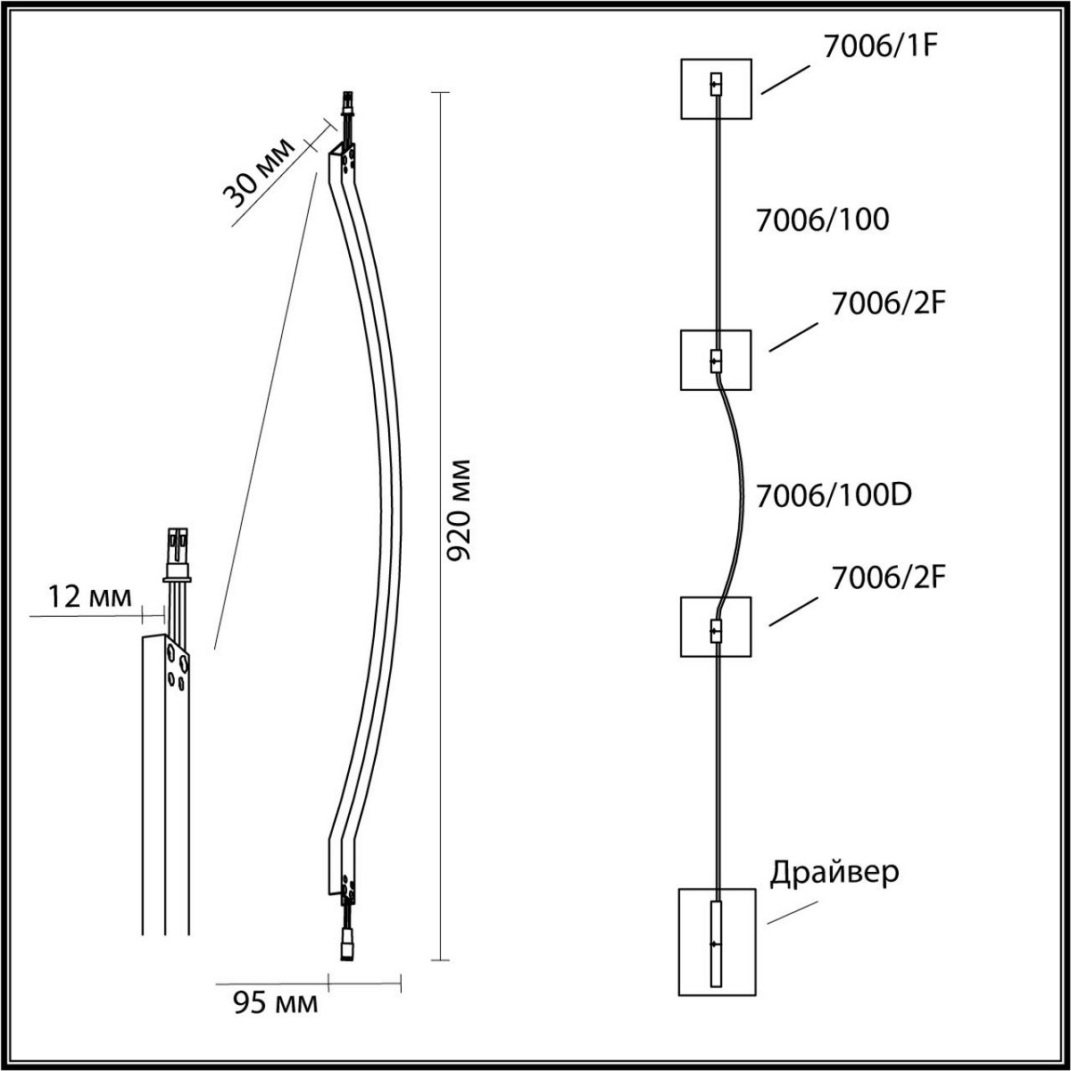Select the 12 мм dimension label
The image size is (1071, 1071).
click(x=90, y=597)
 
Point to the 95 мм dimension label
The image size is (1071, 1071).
click(x=275, y=1003)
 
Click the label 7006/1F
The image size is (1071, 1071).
click(x=881, y=46)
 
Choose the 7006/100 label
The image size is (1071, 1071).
click(x=823, y=220)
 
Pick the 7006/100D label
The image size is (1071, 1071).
click(x=834, y=495)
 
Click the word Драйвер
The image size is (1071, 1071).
click(x=834, y=873)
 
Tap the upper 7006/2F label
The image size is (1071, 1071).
click(x=889, y=303)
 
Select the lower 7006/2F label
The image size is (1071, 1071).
click(x=889, y=578)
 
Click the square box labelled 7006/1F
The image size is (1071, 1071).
click(x=717, y=89)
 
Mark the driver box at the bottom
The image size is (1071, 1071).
click(x=717, y=942)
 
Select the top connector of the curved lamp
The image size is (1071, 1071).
click(x=347, y=104)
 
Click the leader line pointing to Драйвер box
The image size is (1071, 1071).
click(x=792, y=913)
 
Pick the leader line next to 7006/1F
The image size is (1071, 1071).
click(x=785, y=79)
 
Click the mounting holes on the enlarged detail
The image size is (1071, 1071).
click(x=178, y=667)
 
